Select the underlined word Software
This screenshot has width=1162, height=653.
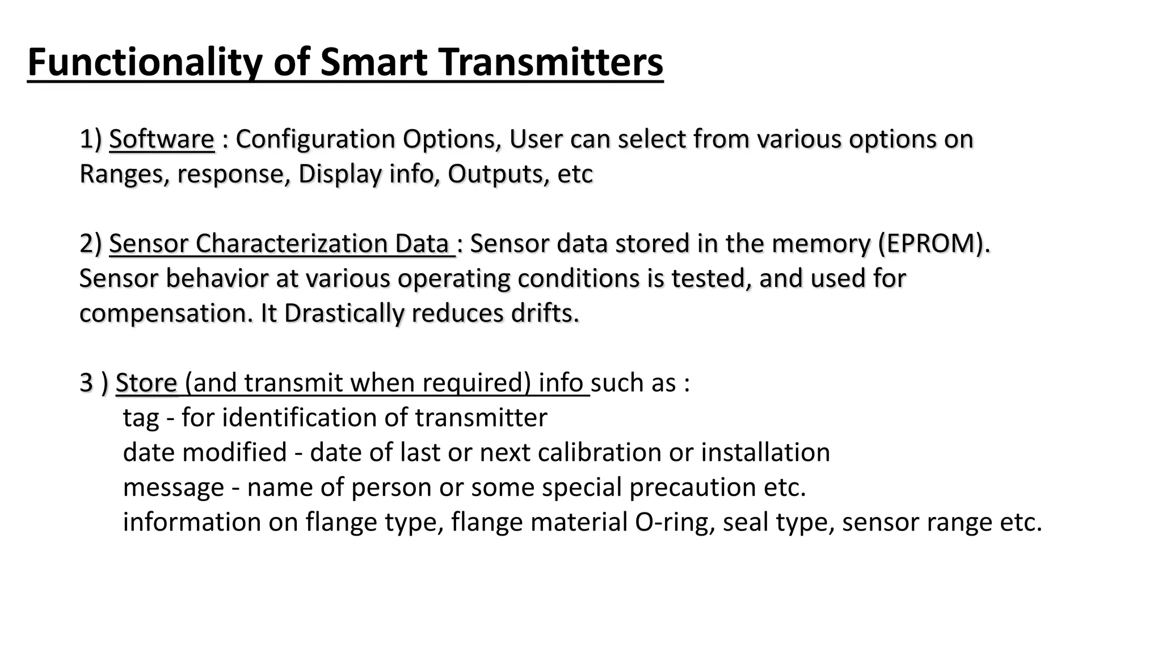(162, 139)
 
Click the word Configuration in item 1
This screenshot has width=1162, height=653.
(315, 139)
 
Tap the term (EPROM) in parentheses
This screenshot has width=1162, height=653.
(933, 244)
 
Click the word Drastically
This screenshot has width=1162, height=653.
(344, 313)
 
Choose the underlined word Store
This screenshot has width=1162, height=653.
(146, 383)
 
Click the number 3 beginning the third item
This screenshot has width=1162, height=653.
(86, 383)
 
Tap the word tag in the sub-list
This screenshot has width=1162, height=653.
(141, 418)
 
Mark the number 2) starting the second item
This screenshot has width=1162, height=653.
(91, 244)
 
